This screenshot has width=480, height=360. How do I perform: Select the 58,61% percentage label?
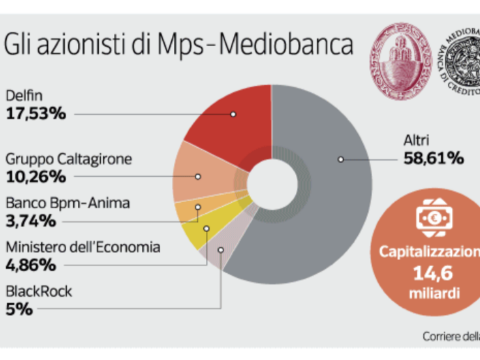[x=433, y=159]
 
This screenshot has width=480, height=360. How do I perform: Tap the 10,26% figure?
[x=36, y=177]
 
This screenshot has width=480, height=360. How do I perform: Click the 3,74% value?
[x=31, y=221]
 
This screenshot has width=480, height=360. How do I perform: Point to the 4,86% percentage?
[x=31, y=265]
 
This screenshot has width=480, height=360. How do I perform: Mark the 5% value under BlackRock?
[x=19, y=309]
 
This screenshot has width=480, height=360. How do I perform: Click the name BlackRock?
[x=39, y=291]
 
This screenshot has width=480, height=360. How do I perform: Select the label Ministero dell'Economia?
[x=83, y=247]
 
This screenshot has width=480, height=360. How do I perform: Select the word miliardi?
[x=434, y=293]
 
